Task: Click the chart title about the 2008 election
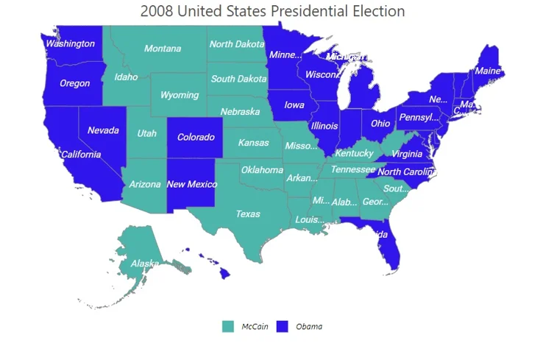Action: [x=272, y=12]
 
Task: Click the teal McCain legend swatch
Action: [x=228, y=326]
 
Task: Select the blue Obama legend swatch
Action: [x=282, y=326]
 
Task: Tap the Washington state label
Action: [x=70, y=43]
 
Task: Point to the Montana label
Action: [x=163, y=49]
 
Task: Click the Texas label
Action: [x=248, y=214]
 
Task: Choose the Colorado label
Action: [x=196, y=137]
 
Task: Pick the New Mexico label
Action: [x=192, y=184]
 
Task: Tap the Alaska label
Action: [x=145, y=264]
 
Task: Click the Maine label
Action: [x=487, y=71]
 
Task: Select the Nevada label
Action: [x=103, y=130]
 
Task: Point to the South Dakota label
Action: [x=238, y=79]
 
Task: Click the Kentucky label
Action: [x=355, y=153]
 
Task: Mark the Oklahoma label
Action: [x=262, y=170]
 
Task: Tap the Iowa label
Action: [x=294, y=105]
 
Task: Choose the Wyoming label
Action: [x=180, y=95]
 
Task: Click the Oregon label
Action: [x=74, y=83]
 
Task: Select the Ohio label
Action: [x=380, y=123]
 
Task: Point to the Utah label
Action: [x=146, y=133]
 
